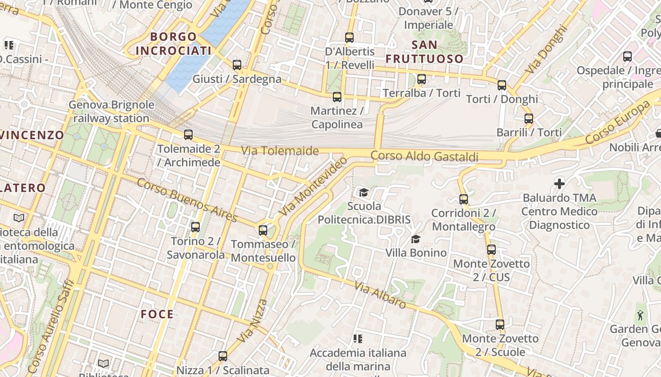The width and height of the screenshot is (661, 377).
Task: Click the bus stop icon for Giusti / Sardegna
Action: tap(237, 65)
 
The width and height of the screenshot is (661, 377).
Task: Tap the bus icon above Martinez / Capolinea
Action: tap(337, 97)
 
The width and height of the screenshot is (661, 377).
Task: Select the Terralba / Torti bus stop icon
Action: tap(422, 79)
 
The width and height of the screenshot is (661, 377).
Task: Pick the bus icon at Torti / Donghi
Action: tap(502, 85)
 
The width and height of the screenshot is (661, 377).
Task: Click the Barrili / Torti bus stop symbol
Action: tap(529, 119)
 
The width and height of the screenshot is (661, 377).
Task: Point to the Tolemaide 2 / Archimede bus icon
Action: tap(188, 135)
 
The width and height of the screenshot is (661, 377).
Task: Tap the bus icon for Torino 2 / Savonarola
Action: tap(195, 227)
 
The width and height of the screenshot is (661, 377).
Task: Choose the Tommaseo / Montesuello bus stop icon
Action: tap(263, 230)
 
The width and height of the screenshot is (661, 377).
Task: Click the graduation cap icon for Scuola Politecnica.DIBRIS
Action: tap(364, 192)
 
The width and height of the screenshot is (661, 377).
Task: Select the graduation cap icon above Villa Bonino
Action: tap(415, 239)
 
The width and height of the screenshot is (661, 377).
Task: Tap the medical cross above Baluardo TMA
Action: tap(559, 183)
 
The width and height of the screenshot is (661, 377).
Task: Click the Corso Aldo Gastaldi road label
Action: tap(424, 156)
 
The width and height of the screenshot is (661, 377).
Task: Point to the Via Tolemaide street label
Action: tap(280, 151)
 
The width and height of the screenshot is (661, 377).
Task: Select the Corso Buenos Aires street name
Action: tap(186, 200)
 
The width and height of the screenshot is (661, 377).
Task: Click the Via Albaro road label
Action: tap(380, 295)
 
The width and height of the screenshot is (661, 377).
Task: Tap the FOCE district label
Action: tap(157, 314)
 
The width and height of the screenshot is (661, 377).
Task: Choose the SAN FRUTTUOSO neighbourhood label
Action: tap(424, 52)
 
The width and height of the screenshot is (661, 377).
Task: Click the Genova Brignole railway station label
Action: tap(111, 111)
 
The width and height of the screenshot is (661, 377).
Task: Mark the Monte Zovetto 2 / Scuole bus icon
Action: tap(500, 325)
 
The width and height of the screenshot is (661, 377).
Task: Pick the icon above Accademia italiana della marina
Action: tap(358, 338)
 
